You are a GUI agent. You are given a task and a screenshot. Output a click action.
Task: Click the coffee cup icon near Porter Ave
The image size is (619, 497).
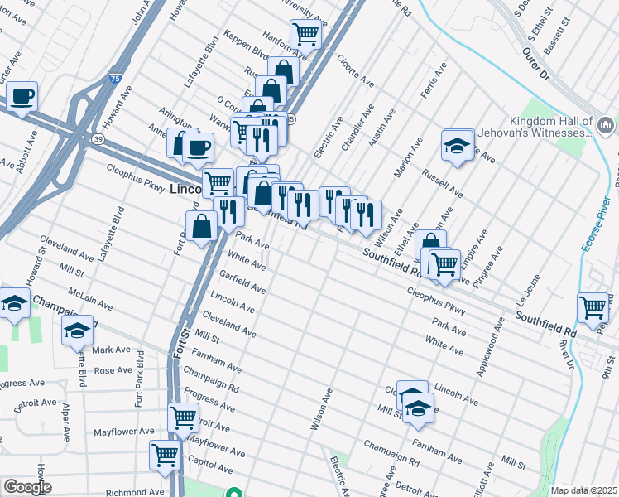coord(22,96)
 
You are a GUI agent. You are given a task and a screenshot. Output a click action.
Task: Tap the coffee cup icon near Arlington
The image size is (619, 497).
coord(198,147)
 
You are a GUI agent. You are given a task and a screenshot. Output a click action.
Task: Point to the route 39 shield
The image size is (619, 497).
coord(98,140)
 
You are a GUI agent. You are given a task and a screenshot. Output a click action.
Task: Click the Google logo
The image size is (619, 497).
coord(27,487)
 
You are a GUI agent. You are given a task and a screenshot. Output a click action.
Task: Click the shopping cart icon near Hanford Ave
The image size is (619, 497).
coord(305,34)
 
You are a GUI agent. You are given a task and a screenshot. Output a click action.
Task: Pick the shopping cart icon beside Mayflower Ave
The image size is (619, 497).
coord(183,417)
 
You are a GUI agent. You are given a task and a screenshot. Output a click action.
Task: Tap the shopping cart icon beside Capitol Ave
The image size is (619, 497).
coord(165,454)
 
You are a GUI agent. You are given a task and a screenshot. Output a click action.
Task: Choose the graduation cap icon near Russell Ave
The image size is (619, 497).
coord(456,144)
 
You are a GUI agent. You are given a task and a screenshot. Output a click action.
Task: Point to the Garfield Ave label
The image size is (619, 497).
coord(242,282)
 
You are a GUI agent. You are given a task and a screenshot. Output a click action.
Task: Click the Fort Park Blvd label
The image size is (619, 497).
coord(141,379)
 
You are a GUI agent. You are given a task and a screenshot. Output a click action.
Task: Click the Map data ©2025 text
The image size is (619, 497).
coord(583,490)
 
